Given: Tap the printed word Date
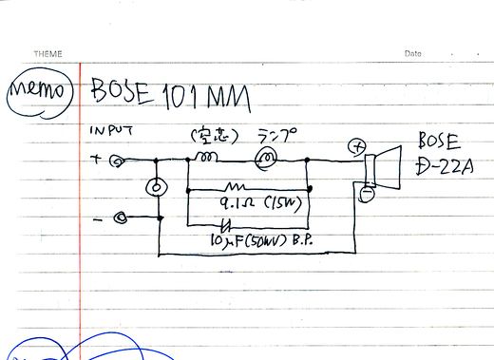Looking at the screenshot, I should (412, 53).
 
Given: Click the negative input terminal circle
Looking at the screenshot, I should (121, 218).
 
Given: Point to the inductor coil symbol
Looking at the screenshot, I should (208, 155).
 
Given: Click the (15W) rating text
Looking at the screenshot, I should (282, 203).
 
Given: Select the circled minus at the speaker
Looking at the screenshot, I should (366, 195).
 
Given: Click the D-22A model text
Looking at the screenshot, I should (439, 172).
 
